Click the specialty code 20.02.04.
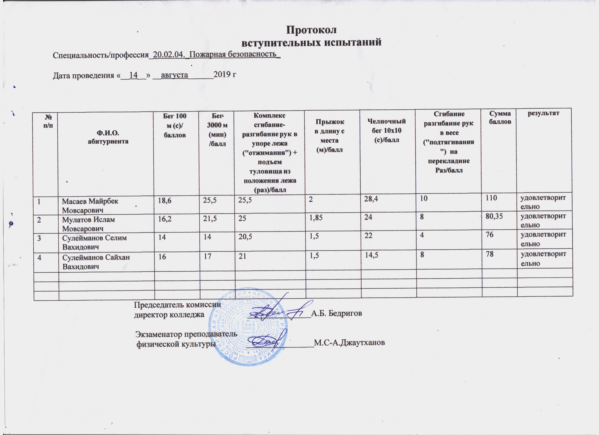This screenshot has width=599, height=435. [168, 55]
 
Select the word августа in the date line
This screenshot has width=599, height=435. [174, 75]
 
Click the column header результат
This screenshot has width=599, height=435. [544, 113]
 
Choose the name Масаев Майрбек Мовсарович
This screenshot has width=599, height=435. [90, 206]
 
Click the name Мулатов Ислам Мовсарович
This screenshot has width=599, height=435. [88, 224]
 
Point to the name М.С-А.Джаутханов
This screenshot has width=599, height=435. [349, 343]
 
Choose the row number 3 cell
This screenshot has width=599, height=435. [39, 238]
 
